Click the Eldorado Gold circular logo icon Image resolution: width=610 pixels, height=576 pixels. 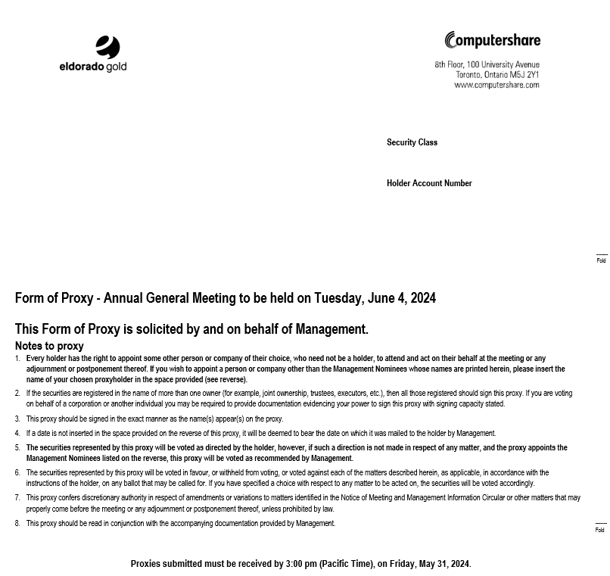click(x=108, y=47)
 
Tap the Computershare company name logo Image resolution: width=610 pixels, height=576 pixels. click(x=493, y=40)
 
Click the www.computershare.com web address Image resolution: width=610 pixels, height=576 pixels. click(x=496, y=86)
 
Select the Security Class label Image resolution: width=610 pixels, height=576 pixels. click(x=412, y=142)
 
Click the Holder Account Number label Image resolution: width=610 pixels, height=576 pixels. click(x=429, y=183)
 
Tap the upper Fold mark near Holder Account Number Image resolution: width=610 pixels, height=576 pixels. click(x=601, y=260)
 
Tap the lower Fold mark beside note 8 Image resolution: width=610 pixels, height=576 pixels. click(x=600, y=530)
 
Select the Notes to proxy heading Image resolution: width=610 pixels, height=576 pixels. click(x=49, y=346)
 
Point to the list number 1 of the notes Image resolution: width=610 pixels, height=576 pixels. click(x=17, y=359)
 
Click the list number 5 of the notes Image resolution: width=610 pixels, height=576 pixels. click(x=17, y=448)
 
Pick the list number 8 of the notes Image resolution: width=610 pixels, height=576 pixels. click(x=17, y=524)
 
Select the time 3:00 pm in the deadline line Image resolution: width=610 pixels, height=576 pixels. click(x=301, y=564)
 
